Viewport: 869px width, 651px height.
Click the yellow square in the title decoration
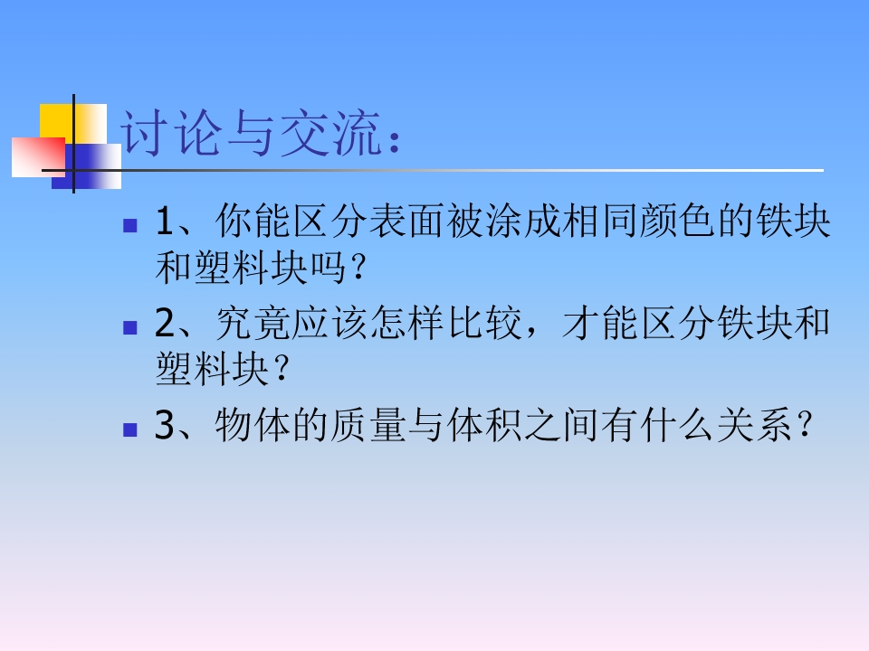point(56,121)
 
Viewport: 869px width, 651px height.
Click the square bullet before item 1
point(129,223)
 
